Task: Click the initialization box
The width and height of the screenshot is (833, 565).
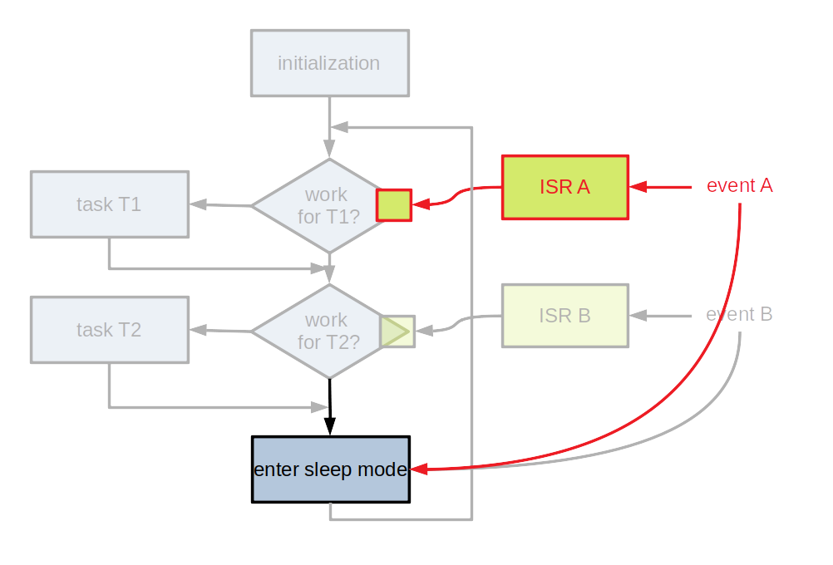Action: [x=329, y=63]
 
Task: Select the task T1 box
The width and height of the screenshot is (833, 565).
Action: [x=109, y=204]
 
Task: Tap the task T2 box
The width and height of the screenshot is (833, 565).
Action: [x=109, y=330]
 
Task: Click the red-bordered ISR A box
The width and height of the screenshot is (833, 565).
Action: [x=564, y=187]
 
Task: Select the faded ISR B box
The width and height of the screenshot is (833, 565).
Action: [x=564, y=316]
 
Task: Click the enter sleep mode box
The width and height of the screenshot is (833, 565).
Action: [x=330, y=469]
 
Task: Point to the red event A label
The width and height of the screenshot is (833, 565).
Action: [x=739, y=186]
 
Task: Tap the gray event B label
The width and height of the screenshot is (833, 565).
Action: [x=739, y=315]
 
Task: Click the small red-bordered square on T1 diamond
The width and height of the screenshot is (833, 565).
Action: [x=394, y=204]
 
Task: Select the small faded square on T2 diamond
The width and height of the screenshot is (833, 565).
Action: [x=397, y=332]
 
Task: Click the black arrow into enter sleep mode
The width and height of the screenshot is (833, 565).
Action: [x=330, y=407]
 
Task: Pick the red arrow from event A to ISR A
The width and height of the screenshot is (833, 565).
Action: [x=661, y=187]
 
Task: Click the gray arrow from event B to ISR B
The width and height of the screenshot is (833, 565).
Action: [x=661, y=316]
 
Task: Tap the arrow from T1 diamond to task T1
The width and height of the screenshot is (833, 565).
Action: [x=220, y=204]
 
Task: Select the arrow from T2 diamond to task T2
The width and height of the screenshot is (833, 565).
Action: [x=220, y=331]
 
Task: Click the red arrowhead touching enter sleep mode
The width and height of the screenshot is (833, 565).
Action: [x=420, y=469]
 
